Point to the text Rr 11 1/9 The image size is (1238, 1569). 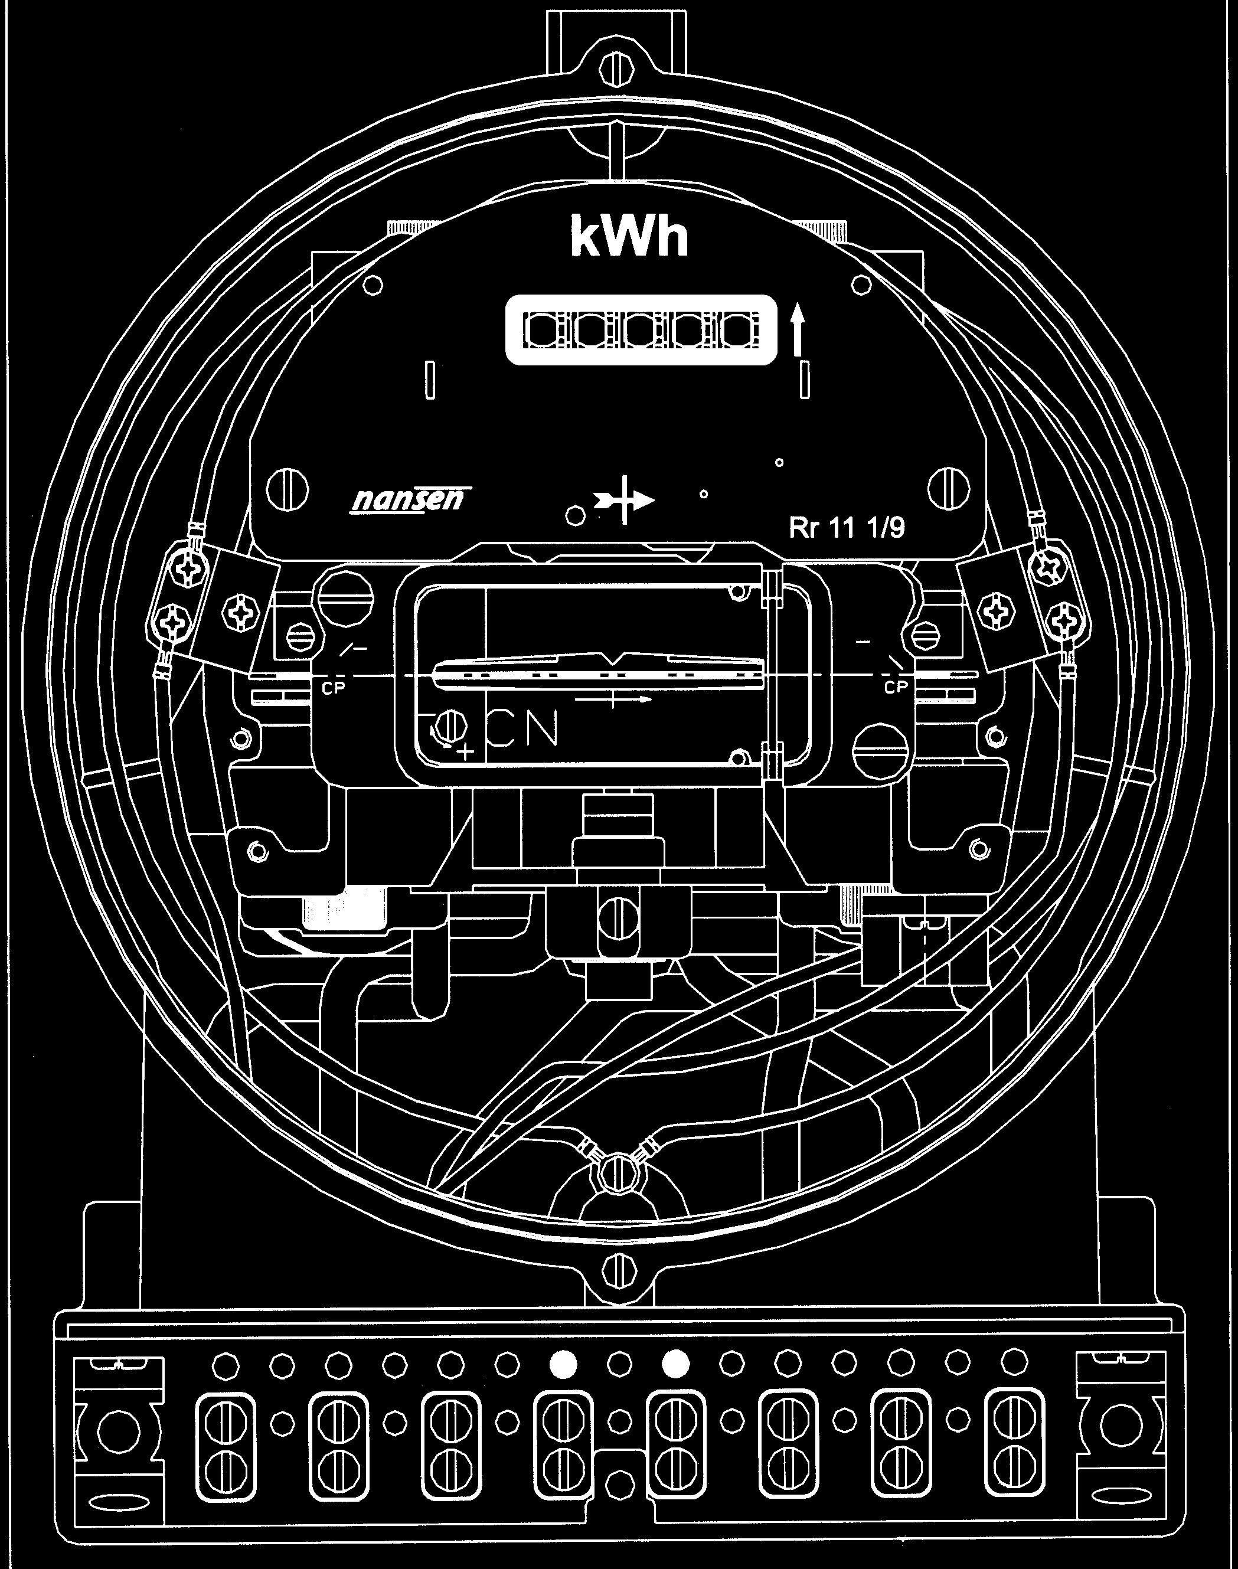tap(847, 528)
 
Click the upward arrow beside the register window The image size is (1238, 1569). tap(798, 330)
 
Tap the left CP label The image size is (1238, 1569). tap(334, 688)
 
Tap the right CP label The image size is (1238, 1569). tap(896, 687)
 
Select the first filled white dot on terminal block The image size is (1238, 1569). tap(563, 1365)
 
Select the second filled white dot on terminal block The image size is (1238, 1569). tap(675, 1365)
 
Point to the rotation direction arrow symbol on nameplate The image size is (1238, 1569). tap(625, 499)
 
